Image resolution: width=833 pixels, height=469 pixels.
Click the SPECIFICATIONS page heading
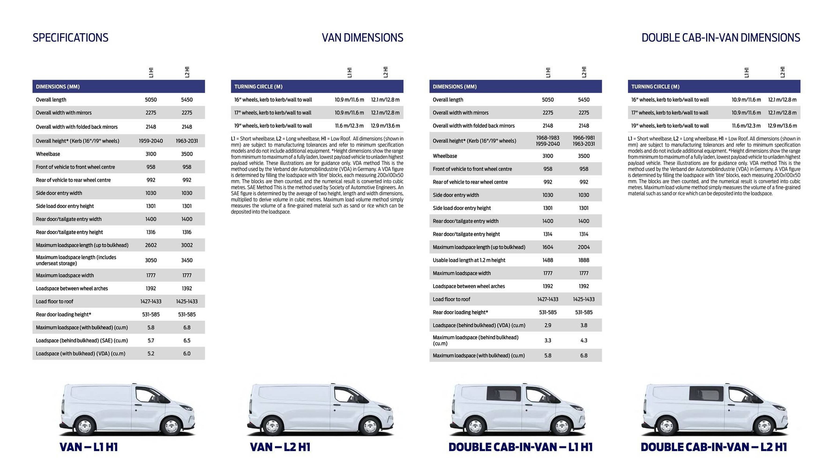[x=71, y=38]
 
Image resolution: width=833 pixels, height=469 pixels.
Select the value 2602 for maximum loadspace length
[x=151, y=245]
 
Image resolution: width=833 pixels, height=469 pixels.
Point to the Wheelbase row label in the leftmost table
[x=48, y=154]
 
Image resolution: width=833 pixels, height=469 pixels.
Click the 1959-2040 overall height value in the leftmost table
[x=151, y=141]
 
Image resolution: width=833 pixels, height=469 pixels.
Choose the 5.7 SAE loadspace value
[x=151, y=340]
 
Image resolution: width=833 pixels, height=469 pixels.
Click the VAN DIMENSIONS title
[x=362, y=38]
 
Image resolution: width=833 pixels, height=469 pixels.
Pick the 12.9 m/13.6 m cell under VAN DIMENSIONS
[x=385, y=126]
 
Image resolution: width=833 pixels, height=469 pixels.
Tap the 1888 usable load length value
[x=584, y=260]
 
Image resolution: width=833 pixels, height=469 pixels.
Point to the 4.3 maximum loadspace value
[x=584, y=340]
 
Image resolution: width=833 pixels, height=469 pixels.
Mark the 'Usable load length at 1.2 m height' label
[x=469, y=260]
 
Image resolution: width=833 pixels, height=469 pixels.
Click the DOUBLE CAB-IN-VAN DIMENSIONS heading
[x=721, y=38]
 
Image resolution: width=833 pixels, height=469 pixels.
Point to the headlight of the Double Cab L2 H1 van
[x=779, y=407]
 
